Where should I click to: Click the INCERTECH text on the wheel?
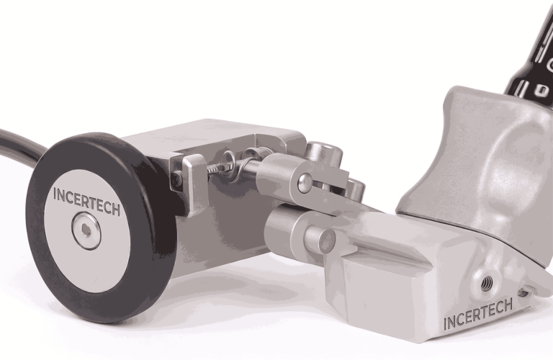pyautogui.click(x=86, y=202)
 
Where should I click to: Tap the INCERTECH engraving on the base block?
pyautogui.click(x=478, y=314)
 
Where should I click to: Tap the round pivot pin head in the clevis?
pyautogui.click(x=305, y=183)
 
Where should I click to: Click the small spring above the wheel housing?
pyautogui.click(x=216, y=169)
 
